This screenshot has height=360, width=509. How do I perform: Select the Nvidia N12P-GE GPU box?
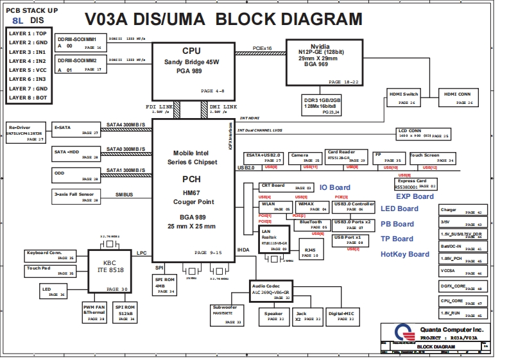(x=320, y=61)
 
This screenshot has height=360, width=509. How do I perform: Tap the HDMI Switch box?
(x=404, y=98)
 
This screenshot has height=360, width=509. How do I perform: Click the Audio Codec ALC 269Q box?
(x=272, y=291)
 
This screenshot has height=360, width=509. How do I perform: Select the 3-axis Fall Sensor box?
(x=76, y=196)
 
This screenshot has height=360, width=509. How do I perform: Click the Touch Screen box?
(x=432, y=157)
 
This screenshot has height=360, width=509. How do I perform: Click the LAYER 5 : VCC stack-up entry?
(x=28, y=70)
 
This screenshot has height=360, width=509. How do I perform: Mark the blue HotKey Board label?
(x=404, y=254)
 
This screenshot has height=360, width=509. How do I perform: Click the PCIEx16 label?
(x=261, y=48)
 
